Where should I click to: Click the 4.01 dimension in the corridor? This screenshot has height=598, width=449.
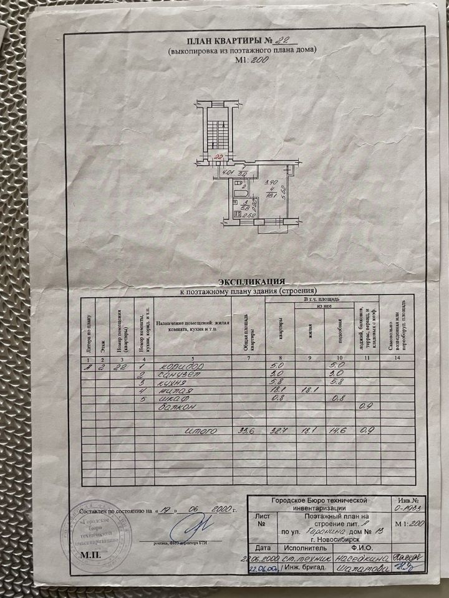tap(228, 174)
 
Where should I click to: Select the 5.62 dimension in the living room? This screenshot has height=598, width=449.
tap(282, 191)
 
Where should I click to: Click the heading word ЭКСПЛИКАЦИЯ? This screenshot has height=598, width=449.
tap(248, 282)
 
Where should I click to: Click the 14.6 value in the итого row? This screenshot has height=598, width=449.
tap(337, 430)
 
